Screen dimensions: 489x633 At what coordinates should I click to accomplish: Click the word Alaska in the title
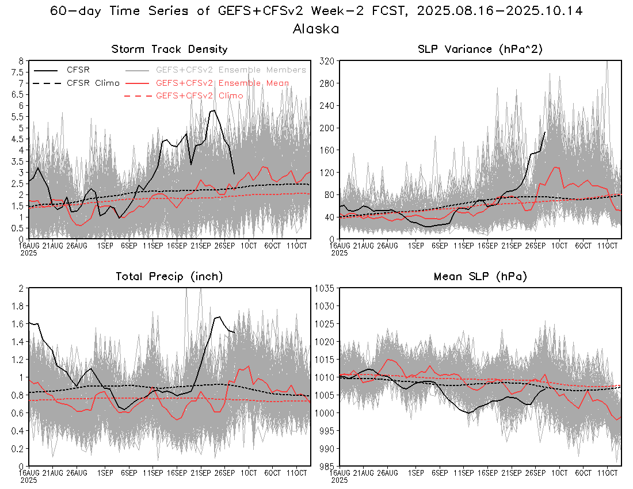[315, 29]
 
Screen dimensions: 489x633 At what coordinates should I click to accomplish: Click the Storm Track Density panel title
[169, 49]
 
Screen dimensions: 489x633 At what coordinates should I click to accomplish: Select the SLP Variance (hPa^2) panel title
[480, 49]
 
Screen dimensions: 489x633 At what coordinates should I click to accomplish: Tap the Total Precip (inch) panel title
[169, 277]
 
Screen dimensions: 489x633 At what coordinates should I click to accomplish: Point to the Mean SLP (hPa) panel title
[480, 277]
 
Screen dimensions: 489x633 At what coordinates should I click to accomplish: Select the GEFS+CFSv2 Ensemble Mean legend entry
[222, 83]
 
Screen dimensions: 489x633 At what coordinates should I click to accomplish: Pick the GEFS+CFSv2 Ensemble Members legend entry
[231, 70]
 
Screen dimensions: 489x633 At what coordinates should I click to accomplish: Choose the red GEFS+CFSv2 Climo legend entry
[199, 95]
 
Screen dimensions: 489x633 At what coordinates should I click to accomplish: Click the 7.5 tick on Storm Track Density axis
[19, 72]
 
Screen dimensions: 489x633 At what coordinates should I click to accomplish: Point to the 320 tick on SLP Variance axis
[327, 60]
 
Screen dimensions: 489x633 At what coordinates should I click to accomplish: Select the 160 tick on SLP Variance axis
[327, 150]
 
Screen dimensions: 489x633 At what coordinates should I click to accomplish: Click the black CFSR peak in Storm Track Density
[213, 110]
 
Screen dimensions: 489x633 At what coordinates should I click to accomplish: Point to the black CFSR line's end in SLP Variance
[545, 132]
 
